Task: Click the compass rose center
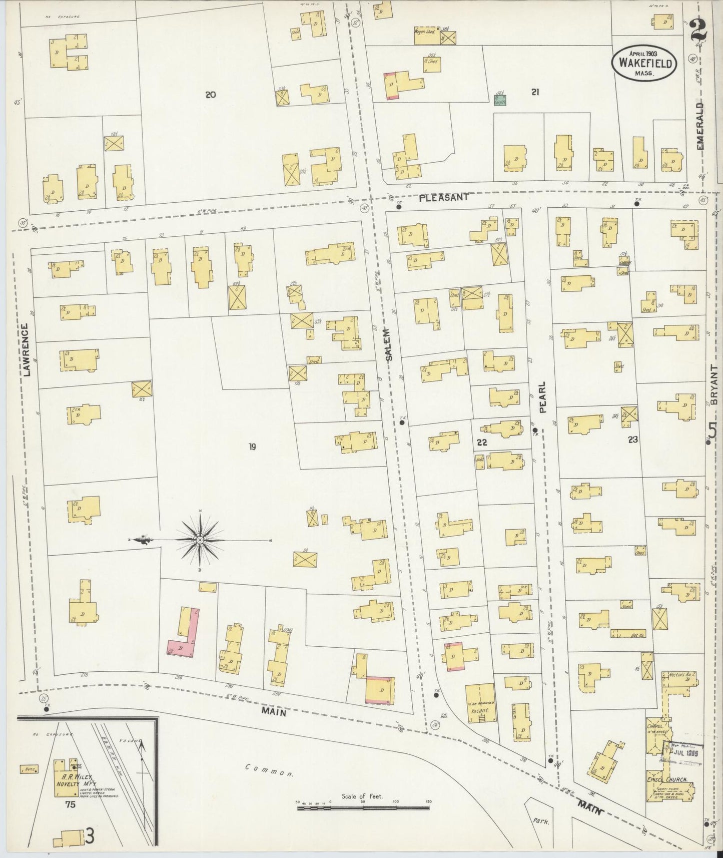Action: pos(200,540)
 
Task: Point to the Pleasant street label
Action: pos(444,197)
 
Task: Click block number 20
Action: pos(210,94)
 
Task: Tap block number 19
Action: pos(252,447)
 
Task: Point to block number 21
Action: pos(535,92)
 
